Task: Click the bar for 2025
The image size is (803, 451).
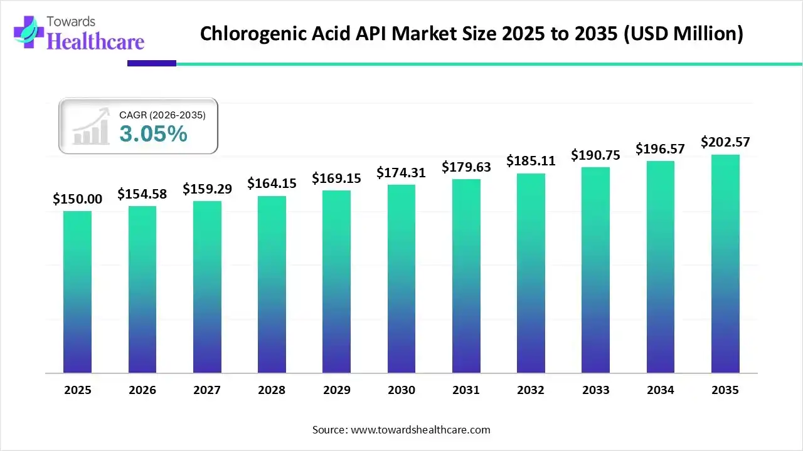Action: click(77, 292)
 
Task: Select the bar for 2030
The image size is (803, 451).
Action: click(401, 279)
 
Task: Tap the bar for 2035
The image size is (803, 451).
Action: click(725, 264)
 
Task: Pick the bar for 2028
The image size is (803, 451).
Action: click(272, 284)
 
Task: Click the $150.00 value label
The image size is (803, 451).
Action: click(77, 199)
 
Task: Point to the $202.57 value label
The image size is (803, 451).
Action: click(725, 142)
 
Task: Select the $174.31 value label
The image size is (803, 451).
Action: click(401, 172)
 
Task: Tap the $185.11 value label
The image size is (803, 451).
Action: click(531, 161)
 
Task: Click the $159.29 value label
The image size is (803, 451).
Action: click(207, 189)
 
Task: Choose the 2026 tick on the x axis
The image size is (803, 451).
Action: click(142, 390)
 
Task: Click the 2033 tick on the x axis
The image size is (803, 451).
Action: click(595, 390)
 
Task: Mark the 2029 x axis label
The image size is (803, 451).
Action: click(336, 390)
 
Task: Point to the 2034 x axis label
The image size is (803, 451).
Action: click(661, 390)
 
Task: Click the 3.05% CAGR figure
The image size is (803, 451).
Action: click(153, 133)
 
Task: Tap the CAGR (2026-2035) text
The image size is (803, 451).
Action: click(162, 115)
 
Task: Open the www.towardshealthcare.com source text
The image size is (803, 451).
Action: click(419, 430)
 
